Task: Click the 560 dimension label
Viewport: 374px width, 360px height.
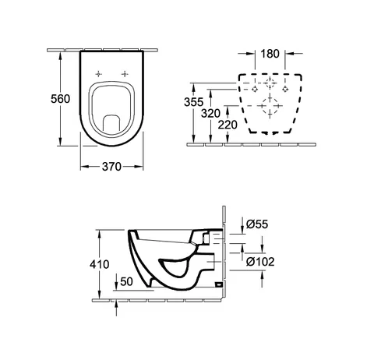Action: pyautogui.click(x=60, y=99)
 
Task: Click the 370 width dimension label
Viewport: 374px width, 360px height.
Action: pyautogui.click(x=111, y=167)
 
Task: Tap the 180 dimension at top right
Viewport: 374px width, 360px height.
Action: pyautogui.click(x=270, y=54)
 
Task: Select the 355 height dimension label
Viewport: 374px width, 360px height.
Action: pyautogui.click(x=193, y=102)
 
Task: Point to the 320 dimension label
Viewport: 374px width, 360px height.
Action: pyautogui.click(x=210, y=114)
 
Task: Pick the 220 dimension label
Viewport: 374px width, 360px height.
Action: pyautogui.click(x=228, y=125)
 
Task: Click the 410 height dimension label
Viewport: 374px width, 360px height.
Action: pyautogui.click(x=100, y=264)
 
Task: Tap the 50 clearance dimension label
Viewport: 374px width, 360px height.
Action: pyautogui.click(x=127, y=281)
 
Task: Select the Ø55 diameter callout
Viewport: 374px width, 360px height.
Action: pyautogui.click(x=257, y=224)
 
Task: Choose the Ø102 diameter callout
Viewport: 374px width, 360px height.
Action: pyautogui.click(x=260, y=262)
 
